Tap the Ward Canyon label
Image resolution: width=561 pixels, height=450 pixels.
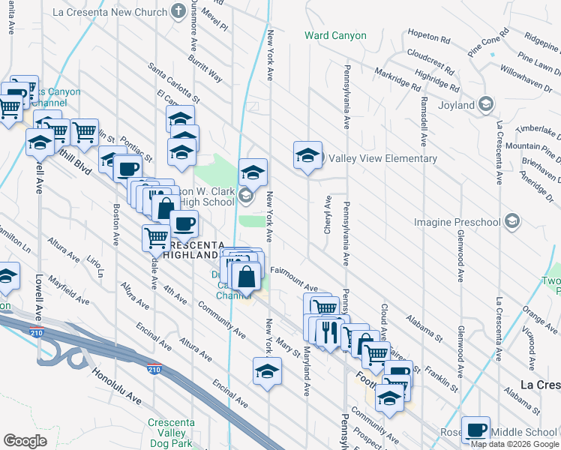[x=335, y=35]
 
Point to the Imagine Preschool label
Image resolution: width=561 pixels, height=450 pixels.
[x=457, y=222]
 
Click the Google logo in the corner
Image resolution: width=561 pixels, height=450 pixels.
[x=25, y=441]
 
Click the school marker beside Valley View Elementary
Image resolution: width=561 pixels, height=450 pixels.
[x=307, y=156]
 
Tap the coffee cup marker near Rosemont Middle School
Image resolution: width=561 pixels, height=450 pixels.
[x=475, y=430]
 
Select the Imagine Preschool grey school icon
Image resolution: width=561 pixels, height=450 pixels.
[x=512, y=221]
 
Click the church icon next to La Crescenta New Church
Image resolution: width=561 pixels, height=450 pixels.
[x=178, y=11]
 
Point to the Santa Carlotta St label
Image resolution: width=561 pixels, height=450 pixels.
[x=173, y=82]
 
